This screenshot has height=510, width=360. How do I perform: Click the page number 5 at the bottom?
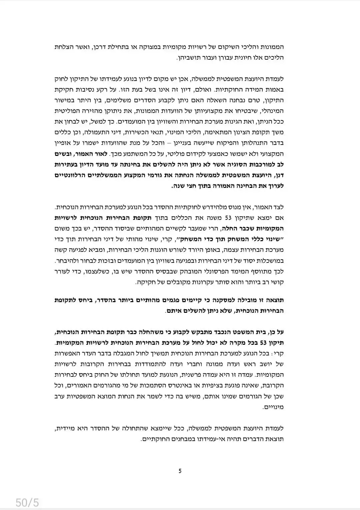point(180,471)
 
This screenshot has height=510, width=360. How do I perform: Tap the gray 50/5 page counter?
point(27,502)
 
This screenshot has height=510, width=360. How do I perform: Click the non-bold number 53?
point(228,218)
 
